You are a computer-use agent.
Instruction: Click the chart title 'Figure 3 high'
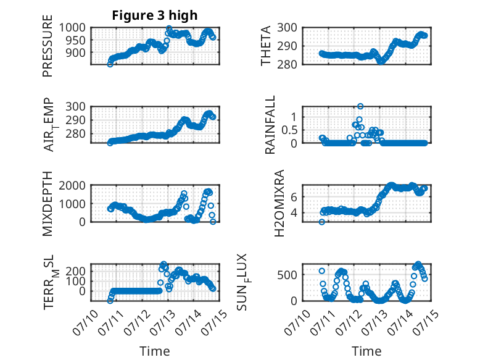coord(155,15)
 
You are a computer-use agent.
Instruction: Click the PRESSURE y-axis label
coord(48,46)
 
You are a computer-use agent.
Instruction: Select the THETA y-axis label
coord(266,46)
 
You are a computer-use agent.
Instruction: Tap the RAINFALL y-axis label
coord(270,125)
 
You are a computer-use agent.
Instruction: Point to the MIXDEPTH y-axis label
coord(48,204)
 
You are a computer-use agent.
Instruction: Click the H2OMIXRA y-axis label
coord(279,203)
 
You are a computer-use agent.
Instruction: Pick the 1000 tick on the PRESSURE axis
coord(72,28)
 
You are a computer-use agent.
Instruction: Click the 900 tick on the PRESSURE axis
coord(76,52)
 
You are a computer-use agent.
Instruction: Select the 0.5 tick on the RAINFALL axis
coord(289,130)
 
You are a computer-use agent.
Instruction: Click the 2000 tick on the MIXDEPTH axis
coord(72,185)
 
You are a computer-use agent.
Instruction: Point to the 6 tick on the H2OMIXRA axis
coord(294,197)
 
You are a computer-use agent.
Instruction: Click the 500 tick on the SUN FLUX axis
coord(287,275)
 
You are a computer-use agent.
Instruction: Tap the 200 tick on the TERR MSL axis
coord(76,271)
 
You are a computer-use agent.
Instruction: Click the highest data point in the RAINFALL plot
coord(360,106)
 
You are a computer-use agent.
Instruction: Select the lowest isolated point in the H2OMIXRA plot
coord(321,222)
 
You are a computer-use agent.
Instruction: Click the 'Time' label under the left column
coord(155,351)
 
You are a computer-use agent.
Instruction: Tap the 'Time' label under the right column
coord(366,351)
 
